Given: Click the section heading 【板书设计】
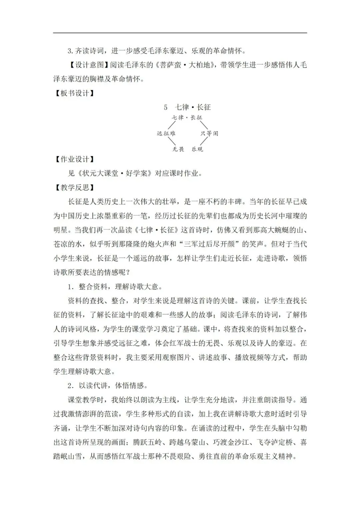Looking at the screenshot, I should (x=74, y=93).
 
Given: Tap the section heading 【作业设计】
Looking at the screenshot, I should (x=74, y=159).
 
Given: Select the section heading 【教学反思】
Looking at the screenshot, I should (x=74, y=187).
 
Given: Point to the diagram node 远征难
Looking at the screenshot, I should (x=166, y=133).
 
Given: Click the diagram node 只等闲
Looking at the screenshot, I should (x=209, y=133).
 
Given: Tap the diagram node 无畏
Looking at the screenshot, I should (x=178, y=149).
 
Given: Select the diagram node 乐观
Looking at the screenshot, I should (x=197, y=149).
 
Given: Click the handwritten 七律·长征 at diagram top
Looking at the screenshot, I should (x=187, y=117).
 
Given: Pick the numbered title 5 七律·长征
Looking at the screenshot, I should (x=187, y=107).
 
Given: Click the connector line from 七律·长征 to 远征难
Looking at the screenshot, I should (x=172, y=125).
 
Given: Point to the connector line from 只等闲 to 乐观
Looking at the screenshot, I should (x=202, y=141).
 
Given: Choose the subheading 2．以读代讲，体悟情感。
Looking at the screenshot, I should (x=108, y=386).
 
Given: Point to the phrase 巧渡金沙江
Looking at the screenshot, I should (x=232, y=443).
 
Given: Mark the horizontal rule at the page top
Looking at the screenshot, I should (x=180, y=33).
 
